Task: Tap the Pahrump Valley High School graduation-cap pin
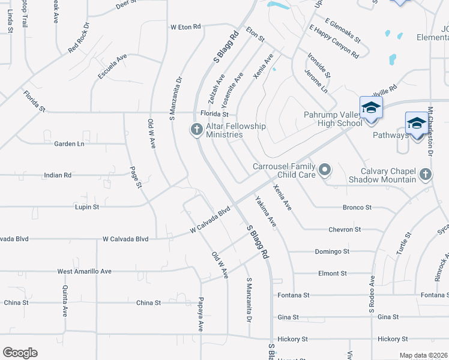(371, 108)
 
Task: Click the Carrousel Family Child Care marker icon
(325, 170)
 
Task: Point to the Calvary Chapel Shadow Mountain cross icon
(425, 175)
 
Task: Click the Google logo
(20, 353)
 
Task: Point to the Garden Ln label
(69, 144)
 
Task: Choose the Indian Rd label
(58, 175)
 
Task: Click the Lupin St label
(86, 206)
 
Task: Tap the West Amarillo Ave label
(85, 271)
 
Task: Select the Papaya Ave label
(202, 314)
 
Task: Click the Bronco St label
(357, 208)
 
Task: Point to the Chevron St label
(345, 229)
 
